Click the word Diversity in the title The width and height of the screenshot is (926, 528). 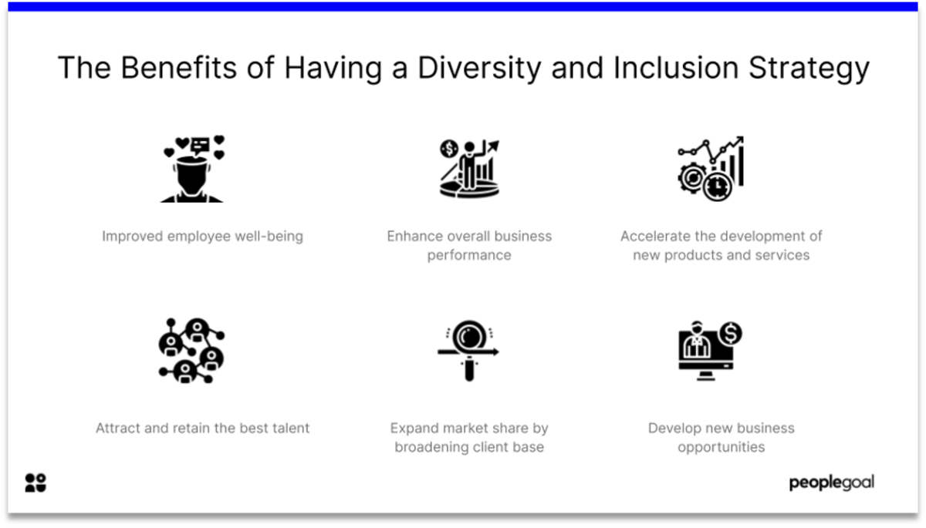[x=479, y=68]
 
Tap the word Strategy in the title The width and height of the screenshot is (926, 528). [x=809, y=68]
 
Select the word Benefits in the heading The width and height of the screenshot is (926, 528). [x=178, y=67]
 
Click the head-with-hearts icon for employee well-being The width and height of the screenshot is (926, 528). [x=192, y=169]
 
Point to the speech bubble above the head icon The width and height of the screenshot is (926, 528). [x=201, y=146]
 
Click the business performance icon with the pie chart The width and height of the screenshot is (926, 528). [x=470, y=169]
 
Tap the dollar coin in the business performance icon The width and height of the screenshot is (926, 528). [x=449, y=149]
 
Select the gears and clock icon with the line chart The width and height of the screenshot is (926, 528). [x=711, y=169]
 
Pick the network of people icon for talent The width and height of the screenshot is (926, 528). [x=192, y=351]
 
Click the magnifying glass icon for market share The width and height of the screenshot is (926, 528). [x=469, y=351]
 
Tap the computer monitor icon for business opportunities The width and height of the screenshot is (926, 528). [x=710, y=351]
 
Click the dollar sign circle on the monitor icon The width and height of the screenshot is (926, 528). [x=731, y=333]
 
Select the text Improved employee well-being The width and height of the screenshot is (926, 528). [x=202, y=236]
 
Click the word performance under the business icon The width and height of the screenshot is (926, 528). [x=469, y=256]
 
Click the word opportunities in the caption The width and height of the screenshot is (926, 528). [x=722, y=448]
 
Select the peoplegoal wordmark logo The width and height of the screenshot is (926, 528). [x=832, y=483]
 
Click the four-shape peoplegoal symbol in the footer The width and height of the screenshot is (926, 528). [x=35, y=483]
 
